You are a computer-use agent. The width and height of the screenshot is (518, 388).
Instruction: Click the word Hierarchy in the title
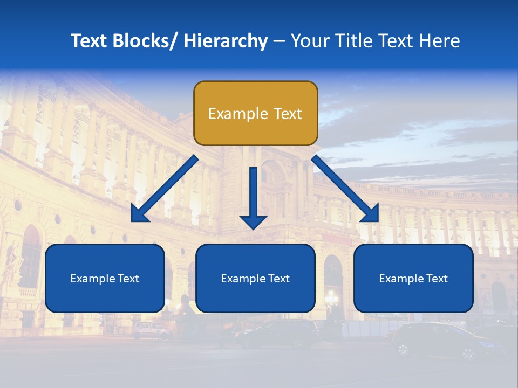[x=226, y=41]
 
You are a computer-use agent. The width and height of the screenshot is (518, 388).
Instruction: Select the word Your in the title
[x=308, y=41]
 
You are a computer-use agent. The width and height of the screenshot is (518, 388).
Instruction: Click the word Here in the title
[x=439, y=41]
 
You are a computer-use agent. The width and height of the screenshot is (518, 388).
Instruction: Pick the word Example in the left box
[x=91, y=279]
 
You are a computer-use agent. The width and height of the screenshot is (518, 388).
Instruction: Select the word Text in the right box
[x=436, y=279]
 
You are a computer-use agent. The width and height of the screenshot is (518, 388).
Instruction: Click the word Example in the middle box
[x=241, y=279]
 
